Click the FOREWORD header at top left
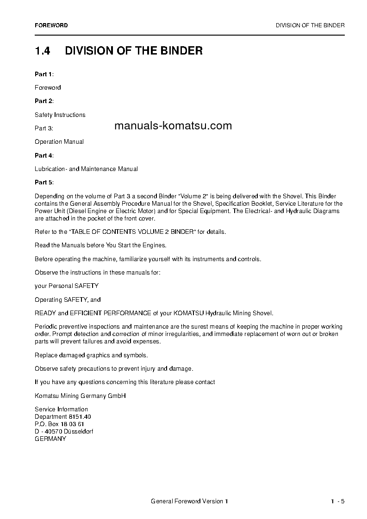[x=51, y=25]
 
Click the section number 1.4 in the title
[x=43, y=51]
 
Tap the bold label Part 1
[x=44, y=74]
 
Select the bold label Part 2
[x=44, y=101]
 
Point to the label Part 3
[x=44, y=128]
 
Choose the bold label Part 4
[x=44, y=155]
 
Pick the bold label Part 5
[x=44, y=183]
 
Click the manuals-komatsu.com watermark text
[x=173, y=126]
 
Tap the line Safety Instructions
[x=60, y=115]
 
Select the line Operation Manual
[x=59, y=142]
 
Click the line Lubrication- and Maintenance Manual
[x=86, y=169]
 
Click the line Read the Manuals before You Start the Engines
[x=100, y=245]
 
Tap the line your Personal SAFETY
[x=67, y=286]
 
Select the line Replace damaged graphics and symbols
[x=91, y=355]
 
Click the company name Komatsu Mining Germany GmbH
[x=80, y=396]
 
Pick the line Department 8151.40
[x=63, y=416]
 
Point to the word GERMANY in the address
[x=50, y=439]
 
